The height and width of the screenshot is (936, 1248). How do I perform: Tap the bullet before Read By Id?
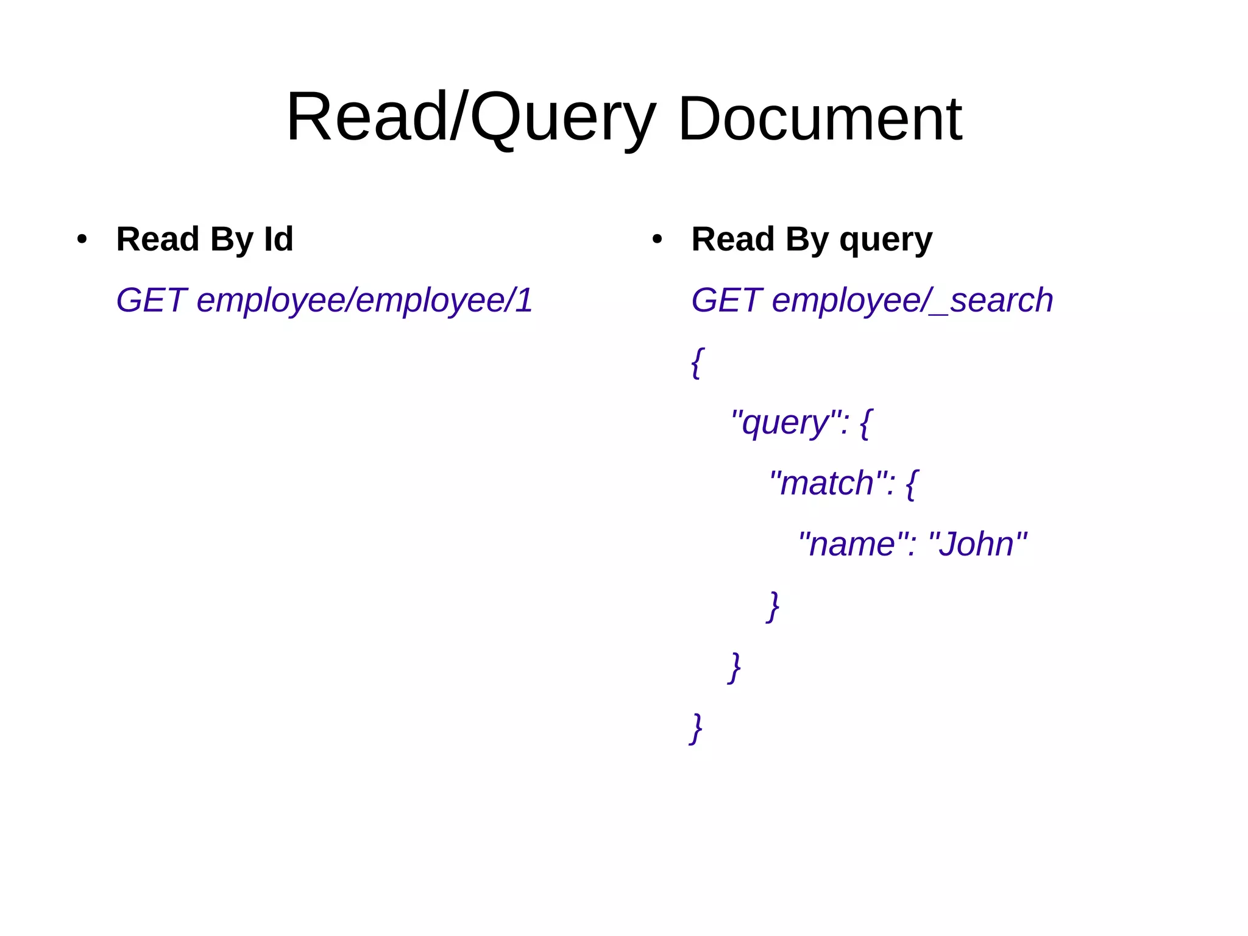[x=82, y=239]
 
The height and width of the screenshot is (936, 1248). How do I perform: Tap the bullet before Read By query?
[x=657, y=239]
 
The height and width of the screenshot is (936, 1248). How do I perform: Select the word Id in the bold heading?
[x=278, y=239]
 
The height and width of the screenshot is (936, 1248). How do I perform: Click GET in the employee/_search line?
[x=726, y=300]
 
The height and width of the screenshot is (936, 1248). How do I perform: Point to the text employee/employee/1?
[x=364, y=301]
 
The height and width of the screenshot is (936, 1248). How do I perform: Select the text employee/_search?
[x=912, y=301]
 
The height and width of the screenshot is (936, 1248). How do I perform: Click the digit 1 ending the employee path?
[x=523, y=300]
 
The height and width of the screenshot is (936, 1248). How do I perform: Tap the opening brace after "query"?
[x=865, y=423]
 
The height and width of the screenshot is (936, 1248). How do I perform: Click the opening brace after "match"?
[x=911, y=484]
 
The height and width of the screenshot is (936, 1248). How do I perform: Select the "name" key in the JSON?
[x=852, y=544]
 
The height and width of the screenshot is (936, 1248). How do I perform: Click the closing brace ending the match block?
[x=773, y=606]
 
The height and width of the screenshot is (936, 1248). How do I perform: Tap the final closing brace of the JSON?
[x=696, y=728]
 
